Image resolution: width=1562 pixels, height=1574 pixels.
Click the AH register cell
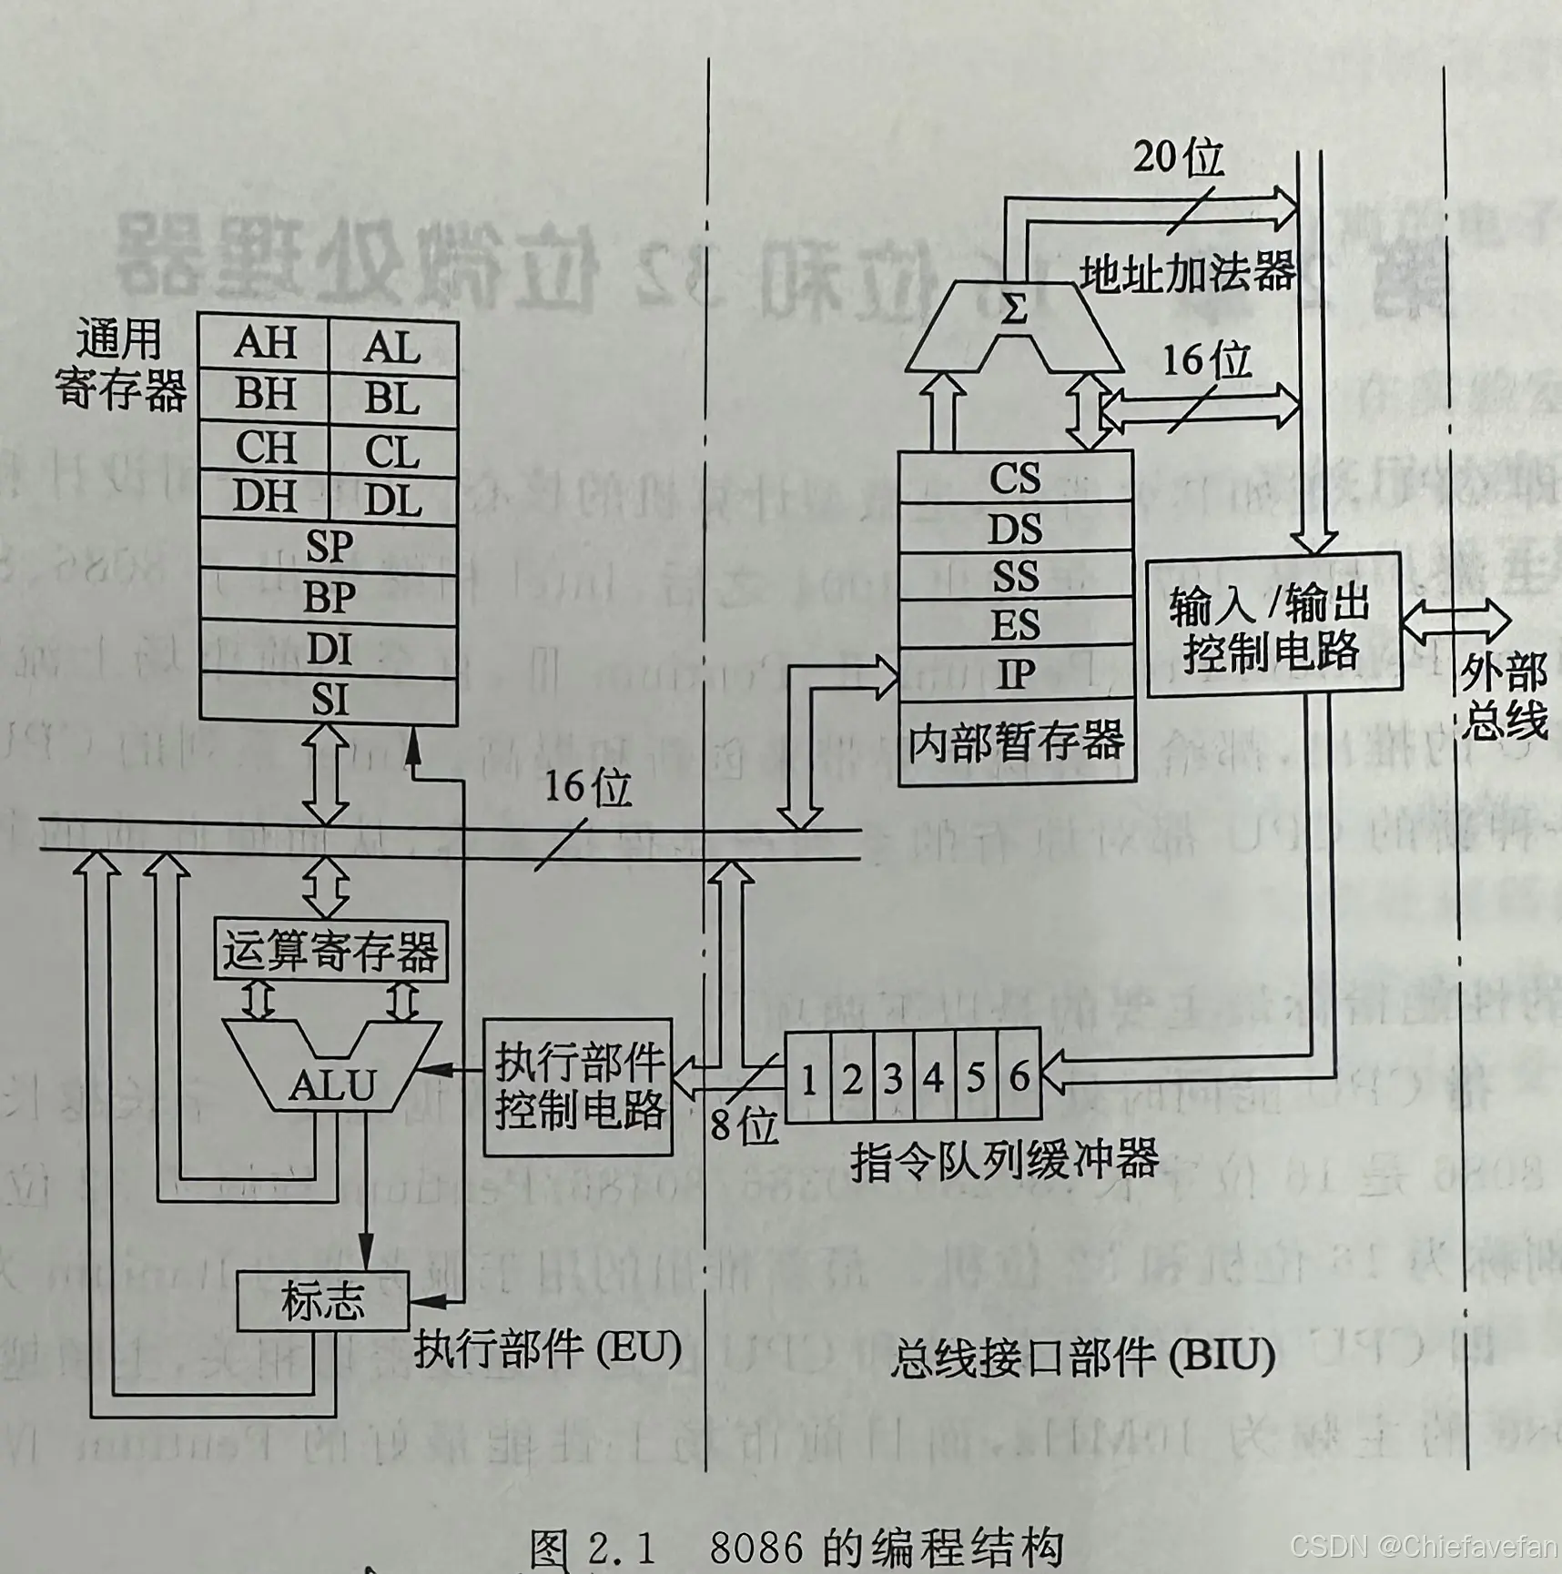pos(264,343)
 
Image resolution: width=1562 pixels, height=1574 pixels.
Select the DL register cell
pos(392,499)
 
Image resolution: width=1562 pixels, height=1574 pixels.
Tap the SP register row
pos(329,546)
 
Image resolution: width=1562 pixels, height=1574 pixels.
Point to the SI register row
pos(329,700)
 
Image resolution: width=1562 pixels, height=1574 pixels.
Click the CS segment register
pos(1015,478)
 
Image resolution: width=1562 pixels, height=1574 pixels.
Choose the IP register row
pos(1015,674)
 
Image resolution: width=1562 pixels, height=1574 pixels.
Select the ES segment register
pos(1015,625)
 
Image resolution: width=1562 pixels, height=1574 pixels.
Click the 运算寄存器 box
pos(330,951)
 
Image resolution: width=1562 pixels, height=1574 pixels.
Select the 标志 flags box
pos(322,1302)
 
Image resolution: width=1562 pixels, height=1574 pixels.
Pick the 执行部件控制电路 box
pos(578,1086)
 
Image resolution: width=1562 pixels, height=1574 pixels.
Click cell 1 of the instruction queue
pos(807,1078)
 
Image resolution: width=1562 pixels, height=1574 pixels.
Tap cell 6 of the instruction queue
pos(1019,1078)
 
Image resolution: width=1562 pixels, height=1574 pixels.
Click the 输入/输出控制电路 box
pos(1273,627)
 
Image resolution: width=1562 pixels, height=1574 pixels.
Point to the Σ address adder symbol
pos(1013,311)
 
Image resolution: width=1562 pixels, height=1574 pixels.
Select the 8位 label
pos(744,1126)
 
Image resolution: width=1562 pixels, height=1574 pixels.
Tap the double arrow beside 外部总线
pos(1456,622)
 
